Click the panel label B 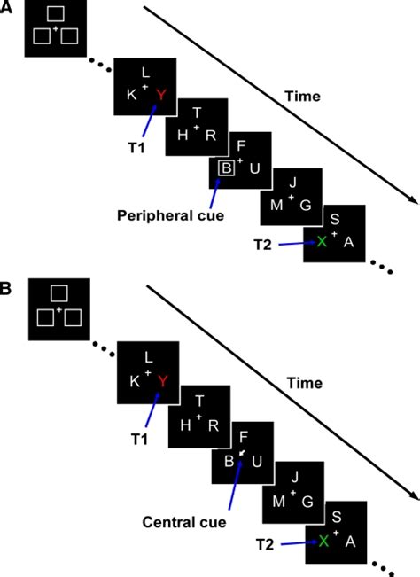[7, 289]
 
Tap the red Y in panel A [160, 94]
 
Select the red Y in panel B [160, 381]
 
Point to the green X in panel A [322, 241]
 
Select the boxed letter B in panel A [227, 168]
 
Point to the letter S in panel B [335, 507]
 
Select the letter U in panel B [257, 462]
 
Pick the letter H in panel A [182, 134]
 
